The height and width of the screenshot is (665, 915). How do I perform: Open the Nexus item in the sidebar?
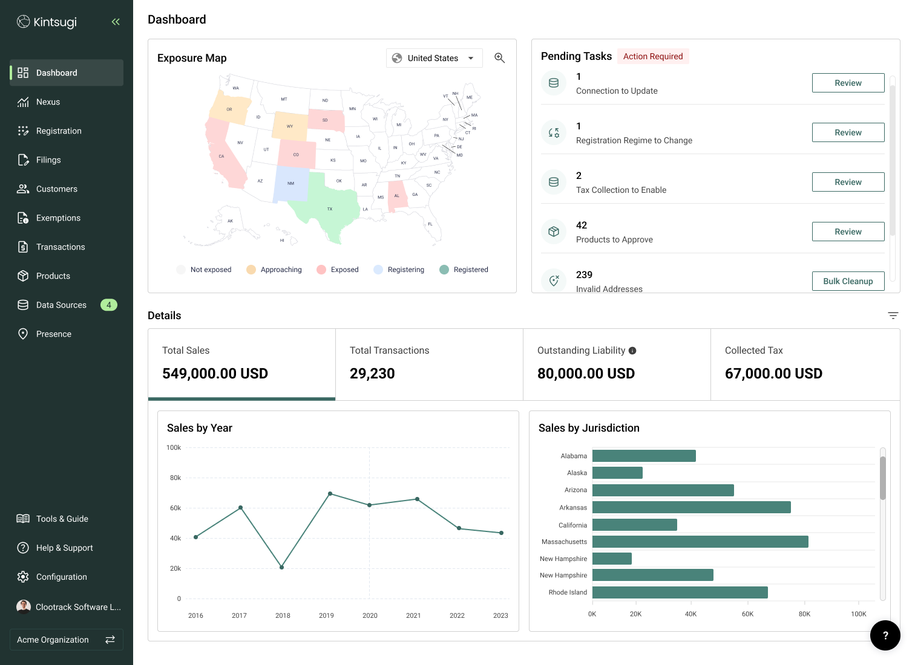coord(48,102)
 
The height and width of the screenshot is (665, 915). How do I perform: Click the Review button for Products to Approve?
coord(848,232)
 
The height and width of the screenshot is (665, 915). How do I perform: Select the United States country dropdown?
coord(434,58)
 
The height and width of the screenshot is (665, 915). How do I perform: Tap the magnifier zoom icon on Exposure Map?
coord(499,58)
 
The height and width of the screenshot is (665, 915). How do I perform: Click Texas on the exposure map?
coord(327,206)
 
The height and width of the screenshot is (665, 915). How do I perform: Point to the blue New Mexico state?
coord(290,183)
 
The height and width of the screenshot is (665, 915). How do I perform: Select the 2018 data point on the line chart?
coord(282,567)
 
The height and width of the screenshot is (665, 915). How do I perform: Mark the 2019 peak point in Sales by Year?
coord(330,494)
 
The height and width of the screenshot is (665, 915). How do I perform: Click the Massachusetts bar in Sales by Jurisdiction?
coord(700,542)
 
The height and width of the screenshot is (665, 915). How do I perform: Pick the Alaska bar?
coord(617,473)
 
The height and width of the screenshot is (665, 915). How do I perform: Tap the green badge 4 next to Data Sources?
coord(109,305)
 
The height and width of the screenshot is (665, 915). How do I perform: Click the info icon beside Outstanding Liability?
coord(632,351)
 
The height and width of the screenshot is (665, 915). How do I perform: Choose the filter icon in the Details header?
coord(893,316)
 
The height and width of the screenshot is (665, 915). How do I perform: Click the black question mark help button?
coord(885,635)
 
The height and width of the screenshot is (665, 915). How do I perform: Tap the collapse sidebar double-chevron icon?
coord(116,22)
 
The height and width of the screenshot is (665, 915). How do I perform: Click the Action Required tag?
coord(653,56)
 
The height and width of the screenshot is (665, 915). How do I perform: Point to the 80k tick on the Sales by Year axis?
coord(175,478)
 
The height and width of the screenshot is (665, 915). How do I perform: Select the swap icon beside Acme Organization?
coord(110,640)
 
